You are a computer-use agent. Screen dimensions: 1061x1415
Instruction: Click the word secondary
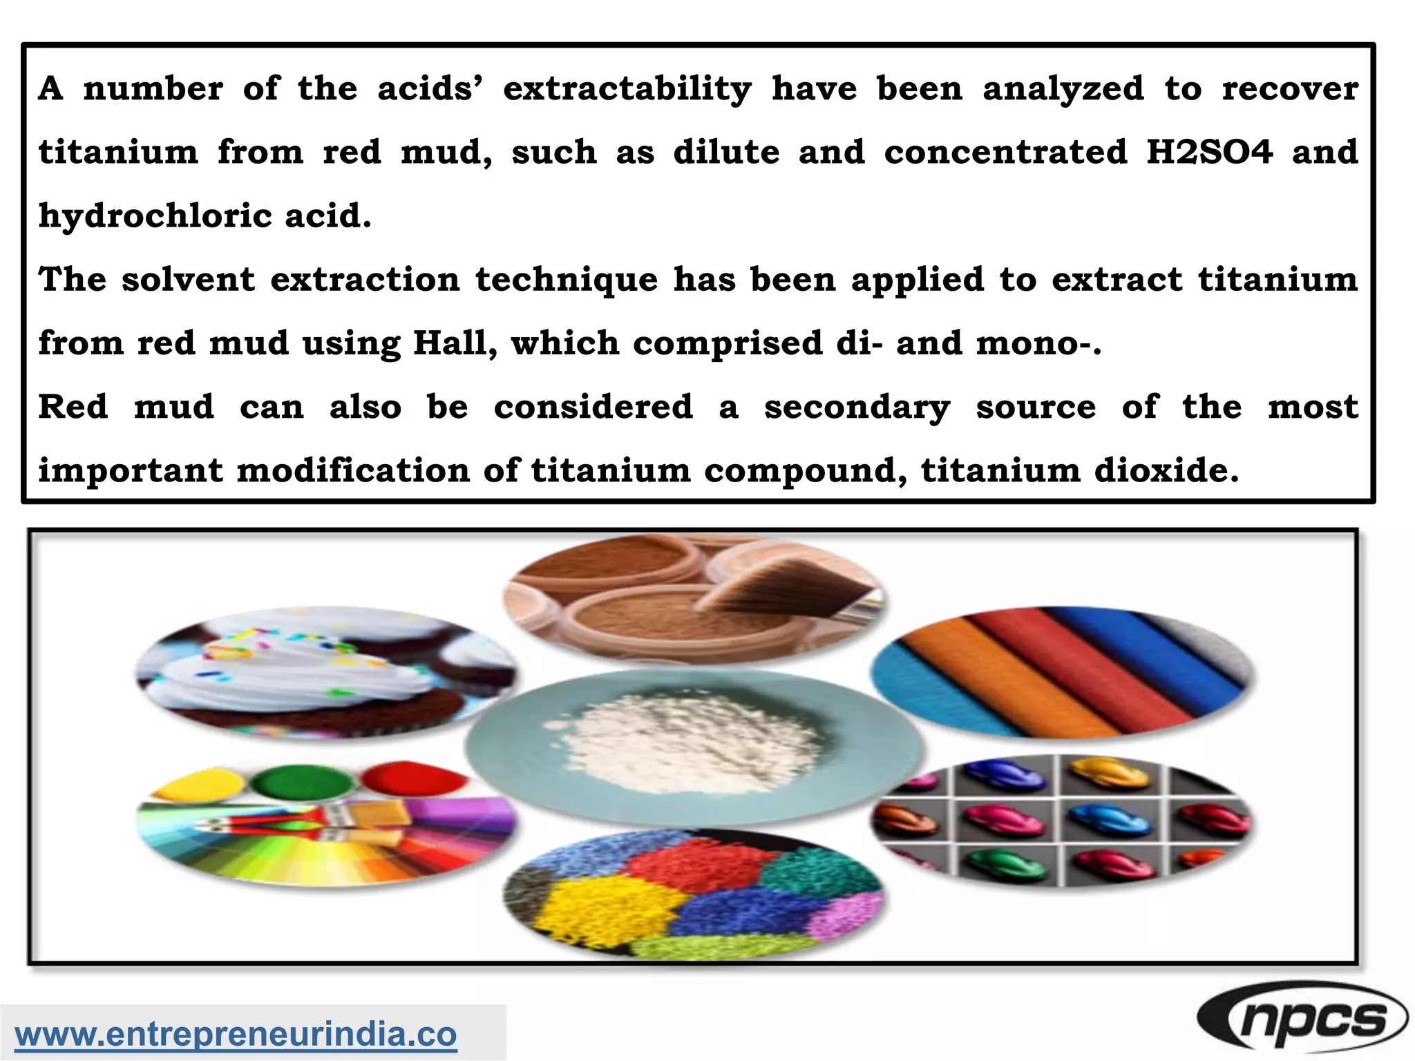(x=857, y=408)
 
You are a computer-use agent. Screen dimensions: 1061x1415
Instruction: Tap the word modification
(x=352, y=471)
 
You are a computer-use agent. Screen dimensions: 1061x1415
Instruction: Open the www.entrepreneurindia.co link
(x=236, y=1034)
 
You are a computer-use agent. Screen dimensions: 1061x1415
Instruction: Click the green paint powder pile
(x=301, y=784)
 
